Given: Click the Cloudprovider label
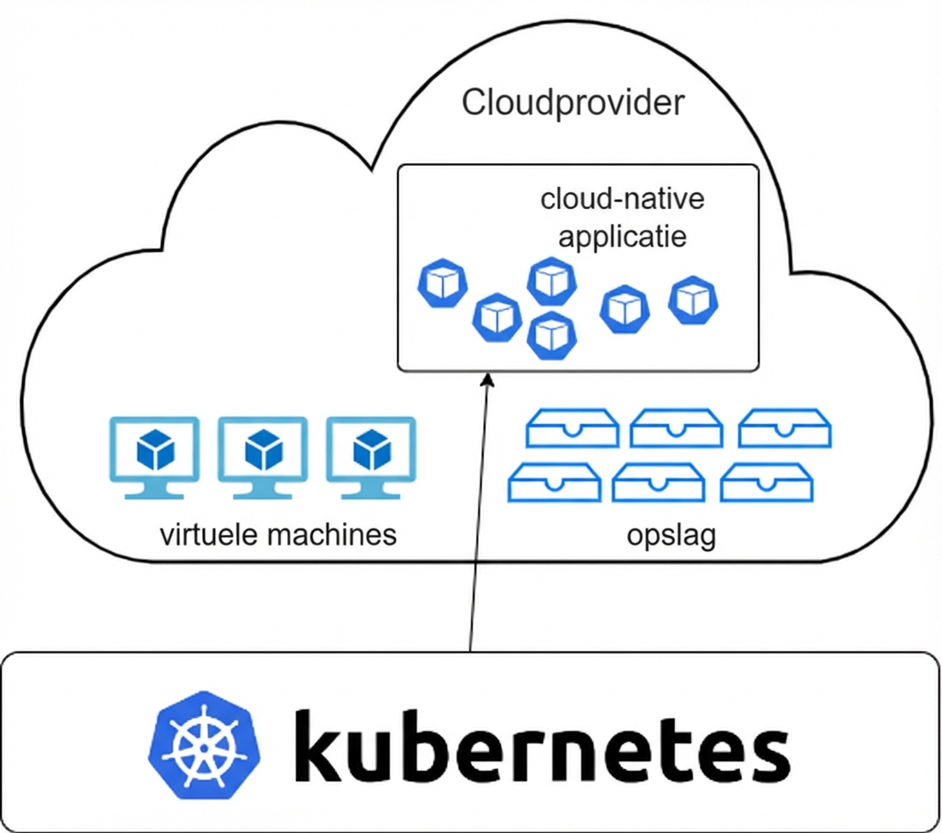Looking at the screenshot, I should coord(573,103).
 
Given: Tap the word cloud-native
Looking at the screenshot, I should coord(623,200).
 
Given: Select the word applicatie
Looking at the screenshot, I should coord(622,235).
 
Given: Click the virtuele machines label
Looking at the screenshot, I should coord(278,535).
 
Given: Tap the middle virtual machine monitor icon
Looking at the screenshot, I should coord(263,456).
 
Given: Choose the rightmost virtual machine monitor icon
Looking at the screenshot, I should coord(370,456).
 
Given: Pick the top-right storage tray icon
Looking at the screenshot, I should coord(784,428).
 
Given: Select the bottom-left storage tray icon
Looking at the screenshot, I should coord(554,482).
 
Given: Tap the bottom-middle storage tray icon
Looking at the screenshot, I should coord(659,482).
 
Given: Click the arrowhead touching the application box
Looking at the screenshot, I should coord(487,378).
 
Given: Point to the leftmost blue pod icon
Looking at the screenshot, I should coord(443,284).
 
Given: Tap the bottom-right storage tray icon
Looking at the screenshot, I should coord(766,482).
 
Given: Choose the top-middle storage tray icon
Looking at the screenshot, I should coord(677,428).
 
